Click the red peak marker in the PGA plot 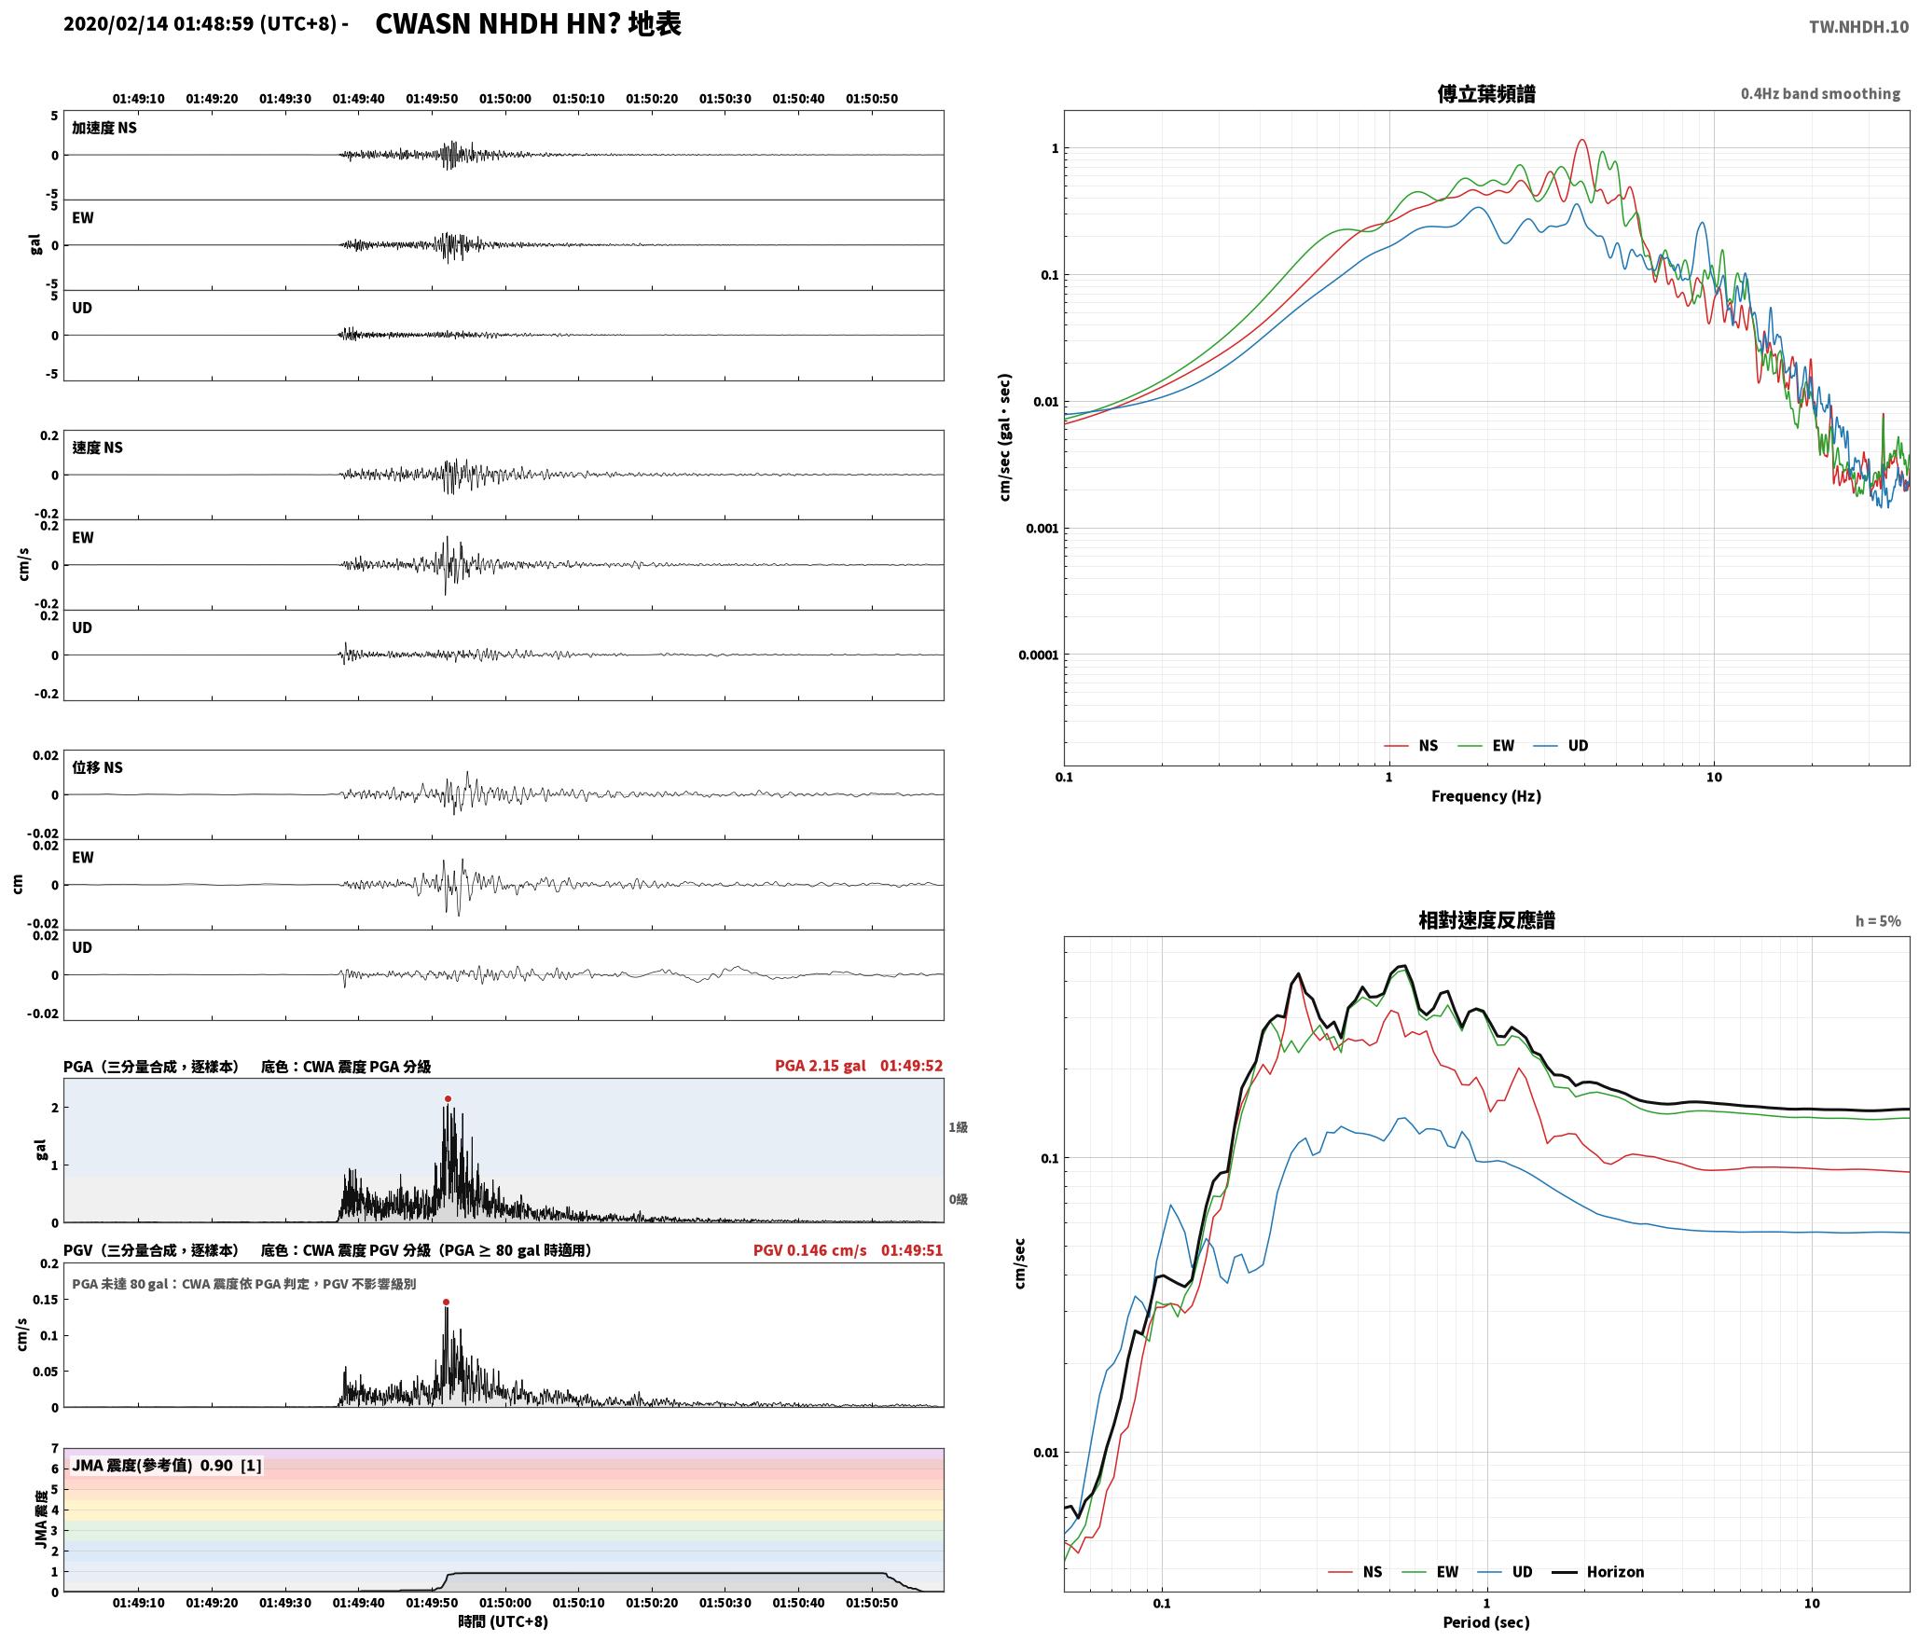pyautogui.click(x=448, y=1098)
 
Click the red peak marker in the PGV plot pyautogui.click(x=446, y=1302)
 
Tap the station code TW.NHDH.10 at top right pyautogui.click(x=1858, y=27)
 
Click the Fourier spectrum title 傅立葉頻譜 pyautogui.click(x=1486, y=93)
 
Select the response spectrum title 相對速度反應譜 pyautogui.click(x=1486, y=920)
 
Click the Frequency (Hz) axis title pyautogui.click(x=1486, y=795)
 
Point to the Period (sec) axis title pyautogui.click(x=1486, y=1621)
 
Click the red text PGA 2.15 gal pyautogui.click(x=820, y=1066)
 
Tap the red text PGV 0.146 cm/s pyautogui.click(x=809, y=1250)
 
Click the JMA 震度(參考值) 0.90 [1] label pyautogui.click(x=167, y=1465)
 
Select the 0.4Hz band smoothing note pyautogui.click(x=1820, y=94)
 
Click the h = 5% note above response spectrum pyautogui.click(x=1878, y=921)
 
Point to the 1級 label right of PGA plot pyautogui.click(x=958, y=1127)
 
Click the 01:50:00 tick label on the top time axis pyautogui.click(x=505, y=99)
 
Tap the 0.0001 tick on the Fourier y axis pyautogui.click(x=1038, y=655)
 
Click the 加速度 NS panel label pyautogui.click(x=104, y=128)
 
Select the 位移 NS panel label pyautogui.click(x=98, y=767)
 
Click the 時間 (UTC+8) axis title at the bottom pyautogui.click(x=503, y=1621)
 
